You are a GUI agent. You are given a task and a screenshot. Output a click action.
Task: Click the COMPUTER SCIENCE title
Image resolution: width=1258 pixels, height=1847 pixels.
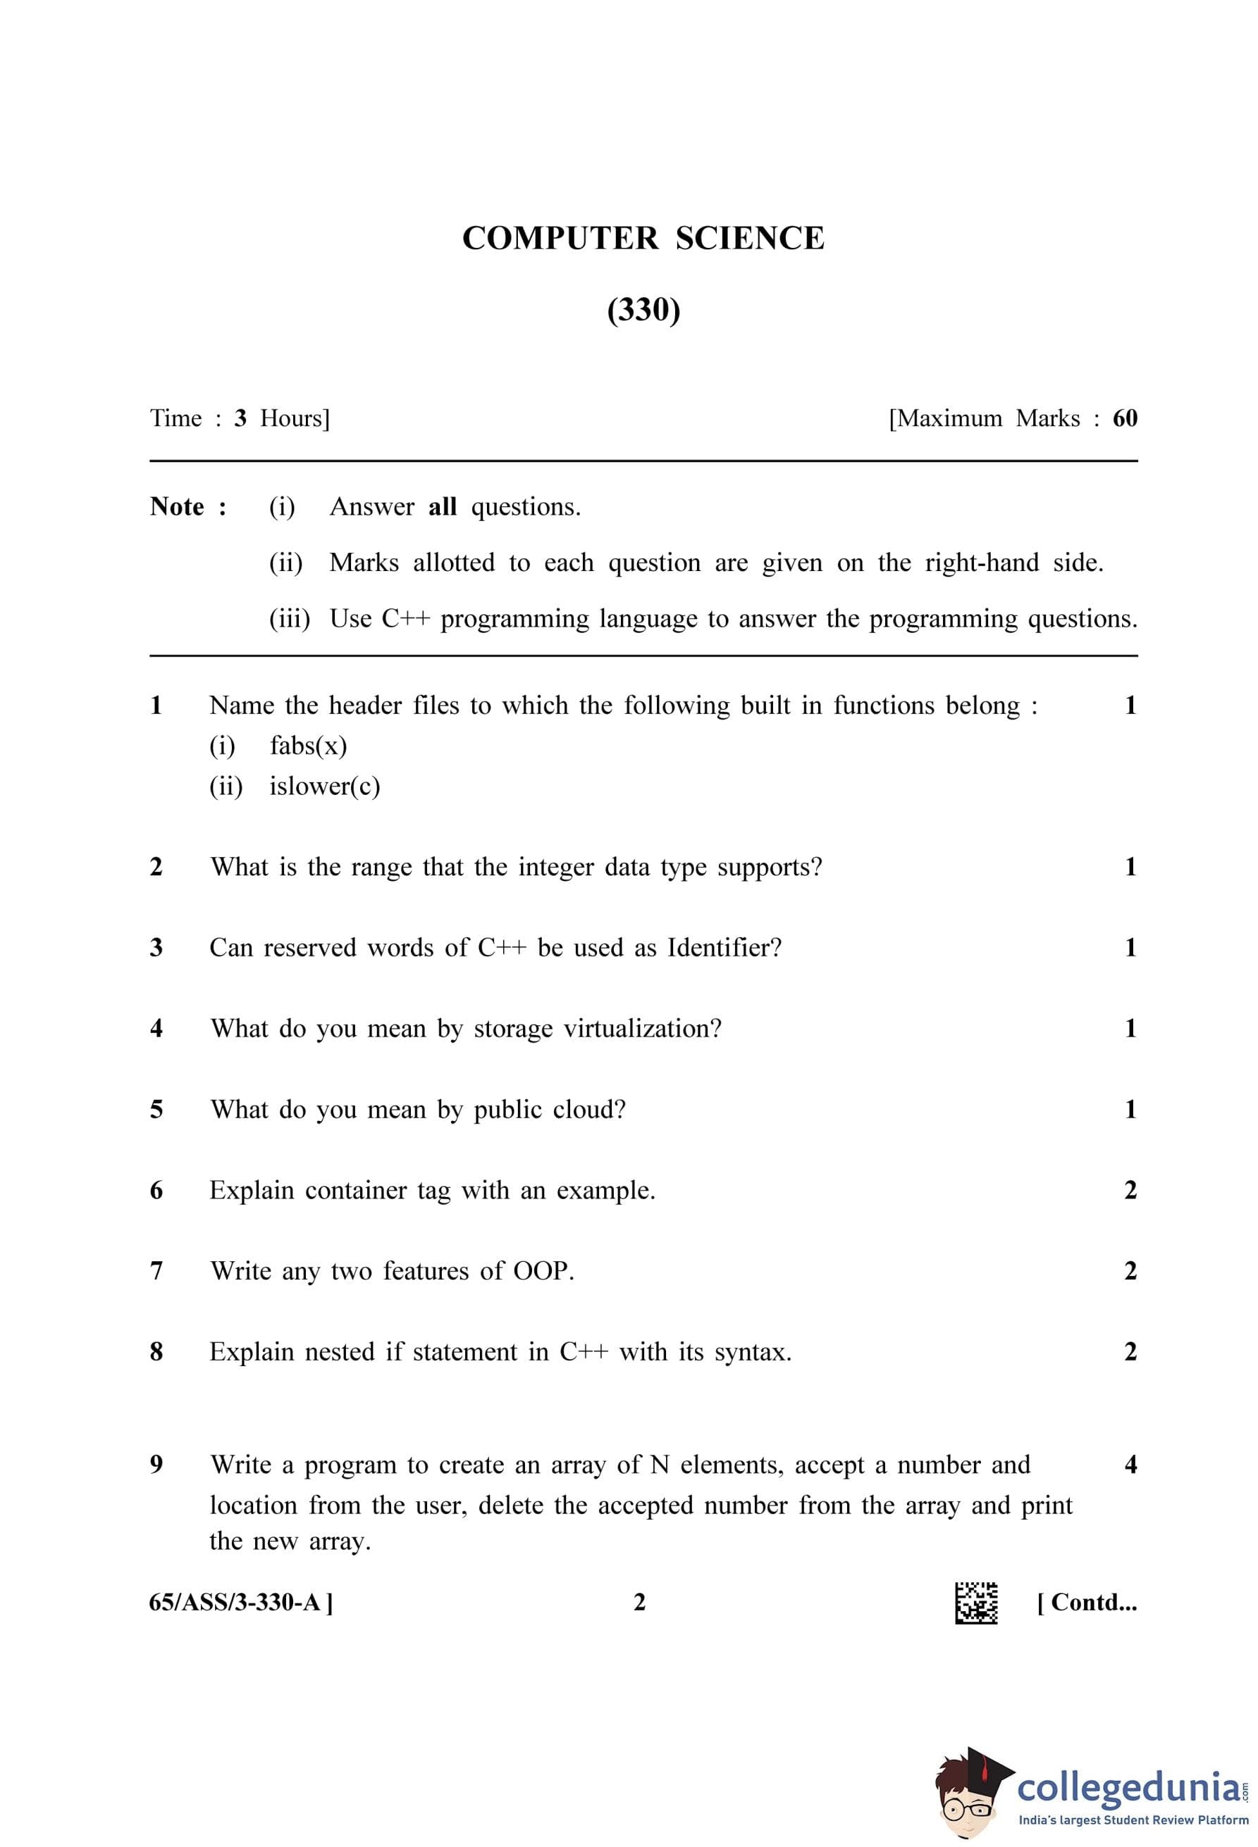pyautogui.click(x=643, y=239)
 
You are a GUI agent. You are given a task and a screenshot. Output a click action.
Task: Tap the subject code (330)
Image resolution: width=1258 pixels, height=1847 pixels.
pyautogui.click(x=643, y=309)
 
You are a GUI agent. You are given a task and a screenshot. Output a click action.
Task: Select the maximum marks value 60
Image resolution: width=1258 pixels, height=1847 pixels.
pyautogui.click(x=1124, y=418)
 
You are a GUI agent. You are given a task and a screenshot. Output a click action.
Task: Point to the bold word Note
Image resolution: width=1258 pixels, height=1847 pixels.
pyautogui.click(x=178, y=506)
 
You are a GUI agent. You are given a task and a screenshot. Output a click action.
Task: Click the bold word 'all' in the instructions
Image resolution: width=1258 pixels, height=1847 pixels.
pyautogui.click(x=442, y=506)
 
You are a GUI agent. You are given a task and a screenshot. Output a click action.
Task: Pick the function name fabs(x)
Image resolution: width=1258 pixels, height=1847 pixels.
pyautogui.click(x=308, y=746)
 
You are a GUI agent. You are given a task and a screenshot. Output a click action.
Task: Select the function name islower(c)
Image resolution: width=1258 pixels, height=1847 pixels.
pyautogui.click(x=324, y=786)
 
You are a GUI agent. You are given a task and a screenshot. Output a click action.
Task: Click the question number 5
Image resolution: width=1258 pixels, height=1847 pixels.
pyautogui.click(x=156, y=1108)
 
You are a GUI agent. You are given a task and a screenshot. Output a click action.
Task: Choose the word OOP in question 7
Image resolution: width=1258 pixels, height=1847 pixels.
pyautogui.click(x=543, y=1271)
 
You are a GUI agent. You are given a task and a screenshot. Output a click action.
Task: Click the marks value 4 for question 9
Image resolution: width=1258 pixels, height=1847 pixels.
pyautogui.click(x=1130, y=1464)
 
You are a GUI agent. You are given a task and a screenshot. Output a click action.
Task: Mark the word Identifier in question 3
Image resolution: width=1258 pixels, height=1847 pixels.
pyautogui.click(x=724, y=947)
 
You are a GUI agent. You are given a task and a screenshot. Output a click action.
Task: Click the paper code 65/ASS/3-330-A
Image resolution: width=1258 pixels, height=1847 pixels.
pyautogui.click(x=240, y=1602)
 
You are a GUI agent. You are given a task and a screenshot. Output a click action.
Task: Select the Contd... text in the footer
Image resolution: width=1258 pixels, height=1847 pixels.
pyautogui.click(x=1087, y=1602)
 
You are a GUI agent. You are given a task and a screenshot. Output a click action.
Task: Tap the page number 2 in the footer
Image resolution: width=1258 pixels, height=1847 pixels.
pyautogui.click(x=639, y=1602)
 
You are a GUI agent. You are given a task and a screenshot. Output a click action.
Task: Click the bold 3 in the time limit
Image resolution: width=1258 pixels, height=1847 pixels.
pyautogui.click(x=240, y=418)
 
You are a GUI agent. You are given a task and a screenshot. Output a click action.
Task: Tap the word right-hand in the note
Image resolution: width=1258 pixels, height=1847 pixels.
pyautogui.click(x=981, y=563)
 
